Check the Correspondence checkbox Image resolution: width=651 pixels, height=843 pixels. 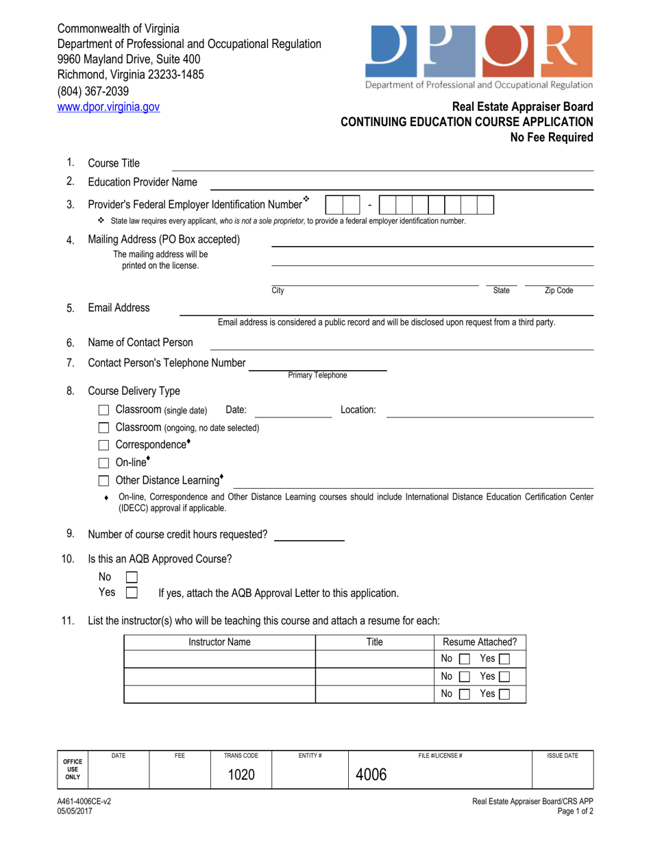104,445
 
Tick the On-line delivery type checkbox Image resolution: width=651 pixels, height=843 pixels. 104,463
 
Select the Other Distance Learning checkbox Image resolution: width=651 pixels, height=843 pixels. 104,480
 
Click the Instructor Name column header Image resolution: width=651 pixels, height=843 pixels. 219,642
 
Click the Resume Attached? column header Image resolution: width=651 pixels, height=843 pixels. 480,642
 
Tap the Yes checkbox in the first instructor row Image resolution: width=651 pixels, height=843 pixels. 506,659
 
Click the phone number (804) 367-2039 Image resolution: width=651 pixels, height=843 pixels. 93,91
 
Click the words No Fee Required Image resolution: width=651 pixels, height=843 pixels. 551,137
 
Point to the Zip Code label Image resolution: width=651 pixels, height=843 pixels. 558,291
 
